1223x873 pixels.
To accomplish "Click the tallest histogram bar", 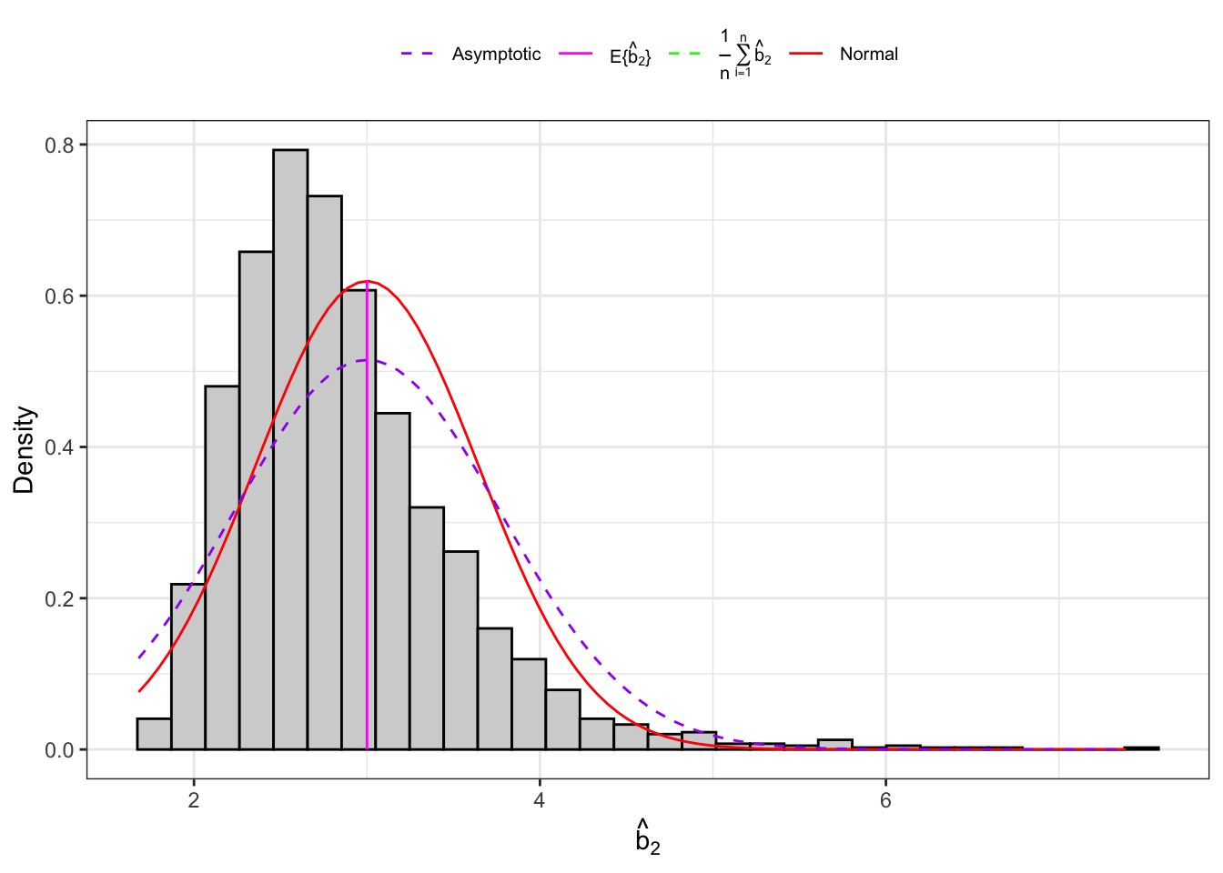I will (290, 449).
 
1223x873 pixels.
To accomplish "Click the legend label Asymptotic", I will (496, 55).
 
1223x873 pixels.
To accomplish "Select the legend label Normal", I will (868, 55).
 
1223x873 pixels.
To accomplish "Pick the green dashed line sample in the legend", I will (684, 55).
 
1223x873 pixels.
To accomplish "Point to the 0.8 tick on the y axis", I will (60, 145).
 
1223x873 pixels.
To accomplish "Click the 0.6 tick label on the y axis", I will (60, 296).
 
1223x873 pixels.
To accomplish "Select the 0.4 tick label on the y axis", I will (60, 447).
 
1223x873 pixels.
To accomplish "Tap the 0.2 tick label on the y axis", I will (60, 598).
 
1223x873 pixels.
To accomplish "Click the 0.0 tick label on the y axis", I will (60, 750).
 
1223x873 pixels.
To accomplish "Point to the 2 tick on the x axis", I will (194, 801).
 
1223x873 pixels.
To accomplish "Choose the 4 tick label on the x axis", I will (540, 801).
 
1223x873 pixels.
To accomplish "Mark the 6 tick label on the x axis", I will (885, 801).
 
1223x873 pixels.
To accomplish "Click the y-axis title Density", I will (24, 449).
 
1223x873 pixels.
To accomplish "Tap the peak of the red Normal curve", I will (367, 281).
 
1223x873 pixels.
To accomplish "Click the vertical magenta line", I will (367, 546).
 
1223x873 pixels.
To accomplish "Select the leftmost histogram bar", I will (154, 735).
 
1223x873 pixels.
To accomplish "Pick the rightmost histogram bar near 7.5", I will (1141, 748).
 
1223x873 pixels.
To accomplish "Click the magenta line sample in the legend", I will (575, 55).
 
